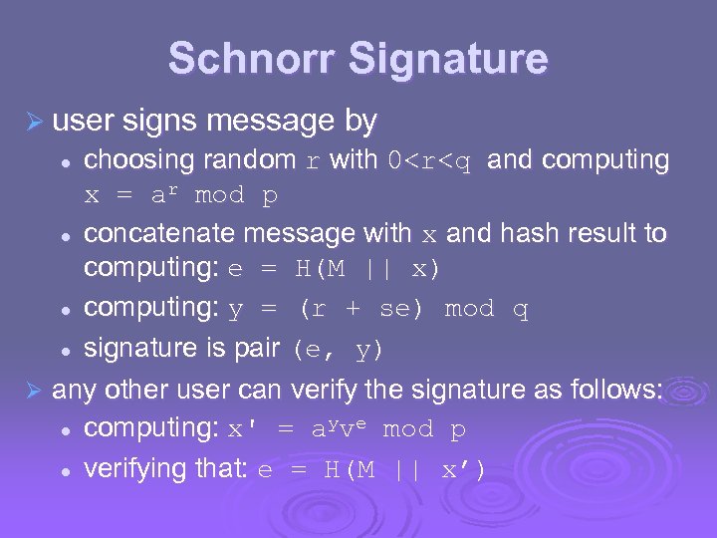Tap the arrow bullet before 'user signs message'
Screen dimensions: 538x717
pos(33,123)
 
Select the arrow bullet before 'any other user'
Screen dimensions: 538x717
pos(33,390)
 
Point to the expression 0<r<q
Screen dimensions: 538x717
pos(428,160)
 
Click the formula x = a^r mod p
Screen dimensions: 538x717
pos(180,195)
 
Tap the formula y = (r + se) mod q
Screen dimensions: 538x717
pos(378,309)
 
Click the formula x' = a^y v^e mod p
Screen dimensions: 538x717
pos(348,429)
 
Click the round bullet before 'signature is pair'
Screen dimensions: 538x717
pos(64,350)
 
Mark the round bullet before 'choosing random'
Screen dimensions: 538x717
pos(64,161)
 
